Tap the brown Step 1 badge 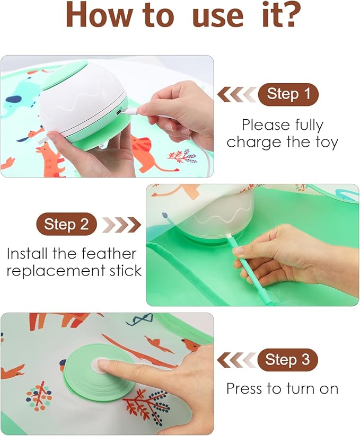(288, 94)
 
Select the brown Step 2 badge (66, 224)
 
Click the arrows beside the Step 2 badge (121, 224)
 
